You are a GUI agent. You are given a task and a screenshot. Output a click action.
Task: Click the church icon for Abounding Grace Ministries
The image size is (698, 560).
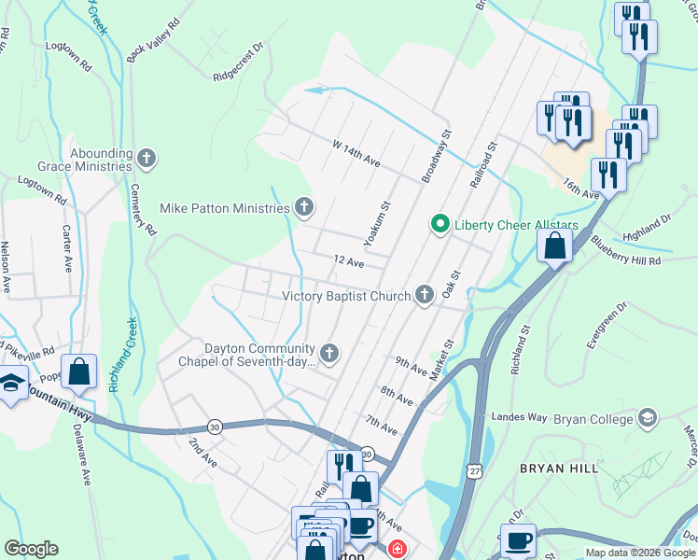[x=146, y=158]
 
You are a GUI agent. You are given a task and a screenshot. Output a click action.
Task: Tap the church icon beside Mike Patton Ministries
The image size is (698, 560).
[x=303, y=208]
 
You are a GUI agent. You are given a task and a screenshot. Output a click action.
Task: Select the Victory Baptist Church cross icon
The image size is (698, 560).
[x=425, y=296]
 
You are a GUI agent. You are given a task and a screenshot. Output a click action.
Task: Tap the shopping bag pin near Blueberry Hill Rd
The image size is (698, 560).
[x=554, y=247]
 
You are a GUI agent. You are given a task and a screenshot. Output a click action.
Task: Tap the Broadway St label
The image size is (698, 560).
[x=436, y=155]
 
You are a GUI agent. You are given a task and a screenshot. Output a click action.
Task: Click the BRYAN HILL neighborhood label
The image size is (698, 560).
[x=557, y=468]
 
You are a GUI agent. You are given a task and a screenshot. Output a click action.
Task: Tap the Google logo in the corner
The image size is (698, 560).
[x=31, y=549]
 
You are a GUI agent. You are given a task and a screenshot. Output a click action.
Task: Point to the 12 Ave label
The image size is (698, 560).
[x=349, y=263]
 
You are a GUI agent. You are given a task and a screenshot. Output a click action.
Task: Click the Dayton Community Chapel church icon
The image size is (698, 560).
[x=328, y=353]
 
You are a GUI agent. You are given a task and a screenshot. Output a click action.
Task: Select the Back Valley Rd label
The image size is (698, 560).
[x=152, y=40]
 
